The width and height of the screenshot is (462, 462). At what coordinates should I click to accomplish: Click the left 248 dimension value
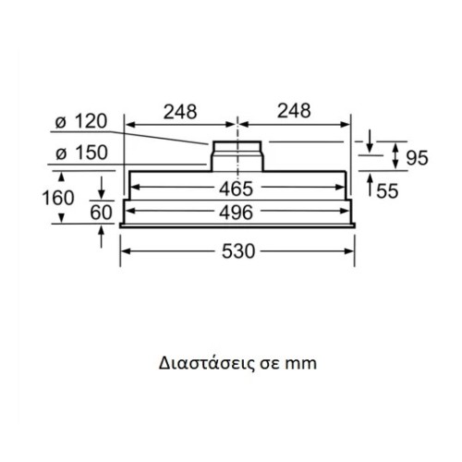click(x=180, y=111)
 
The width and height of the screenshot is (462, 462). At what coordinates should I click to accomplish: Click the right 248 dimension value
click(x=294, y=111)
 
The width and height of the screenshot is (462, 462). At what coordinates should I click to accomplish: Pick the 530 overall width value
click(x=237, y=251)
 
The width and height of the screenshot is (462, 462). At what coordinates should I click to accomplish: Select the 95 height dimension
click(x=417, y=158)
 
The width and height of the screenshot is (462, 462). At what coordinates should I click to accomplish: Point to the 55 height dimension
click(x=388, y=190)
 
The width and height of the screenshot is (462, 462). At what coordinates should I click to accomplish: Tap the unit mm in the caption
click(x=301, y=363)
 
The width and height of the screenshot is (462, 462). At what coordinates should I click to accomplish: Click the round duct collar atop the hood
click(x=238, y=154)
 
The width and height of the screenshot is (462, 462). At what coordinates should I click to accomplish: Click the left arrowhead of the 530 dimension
click(x=127, y=251)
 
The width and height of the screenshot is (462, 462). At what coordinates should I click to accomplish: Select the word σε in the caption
click(x=268, y=363)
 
